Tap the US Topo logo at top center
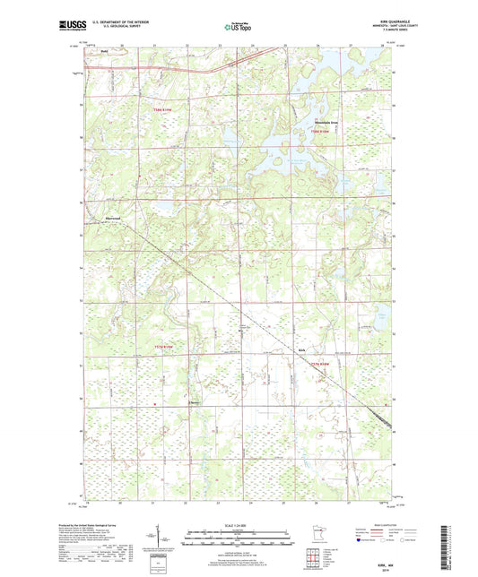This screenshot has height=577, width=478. point(238,28)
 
